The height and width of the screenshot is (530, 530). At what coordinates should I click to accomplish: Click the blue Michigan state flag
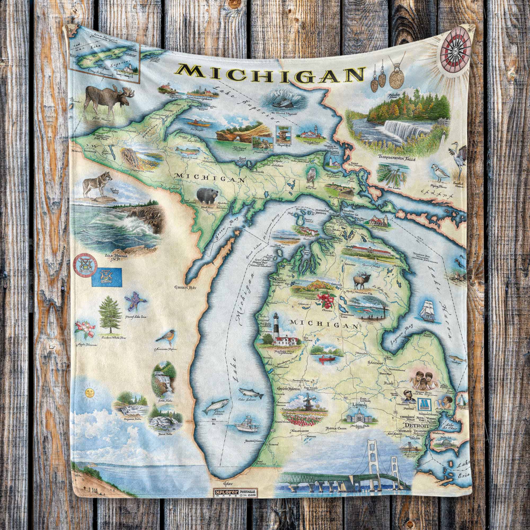tap(107, 277)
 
